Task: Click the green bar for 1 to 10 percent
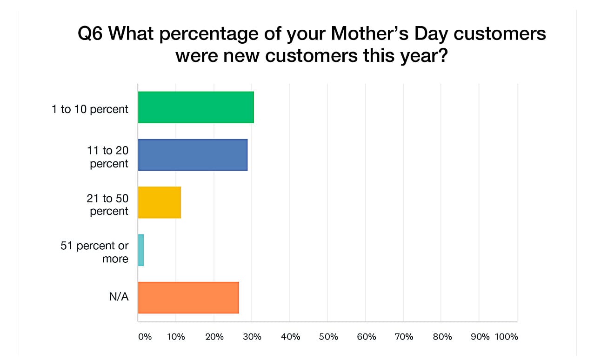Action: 196,107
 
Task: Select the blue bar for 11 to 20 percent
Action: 193,155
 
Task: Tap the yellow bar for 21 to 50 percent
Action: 160,202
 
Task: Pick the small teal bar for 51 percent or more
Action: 141,250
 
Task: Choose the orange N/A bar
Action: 188,298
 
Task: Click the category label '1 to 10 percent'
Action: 90,109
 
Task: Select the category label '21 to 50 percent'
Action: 107,205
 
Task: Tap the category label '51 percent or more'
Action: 94,252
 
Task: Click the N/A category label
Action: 119,297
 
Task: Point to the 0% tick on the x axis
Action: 145,337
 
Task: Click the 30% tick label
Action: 252,337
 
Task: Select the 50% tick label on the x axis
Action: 328,337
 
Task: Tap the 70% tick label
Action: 404,337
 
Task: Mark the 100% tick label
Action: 507,337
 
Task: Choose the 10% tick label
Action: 176,337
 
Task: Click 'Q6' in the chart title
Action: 94,35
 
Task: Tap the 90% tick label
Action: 480,337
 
